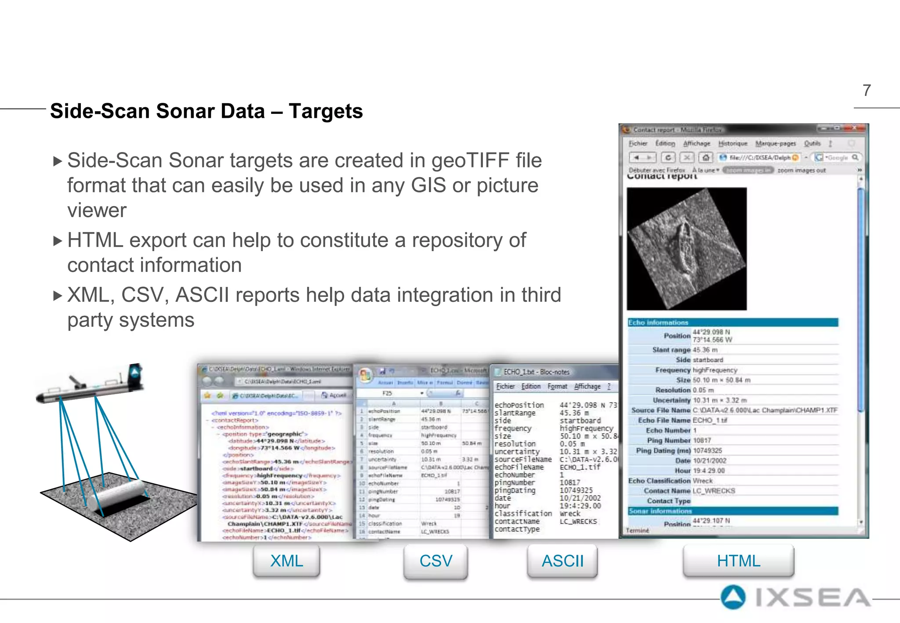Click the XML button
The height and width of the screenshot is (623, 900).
[287, 561]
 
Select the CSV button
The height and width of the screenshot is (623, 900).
[435, 561]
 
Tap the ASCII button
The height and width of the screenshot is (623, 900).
[562, 561]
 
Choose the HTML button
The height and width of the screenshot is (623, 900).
[738, 561]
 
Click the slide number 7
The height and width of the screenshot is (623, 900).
[867, 91]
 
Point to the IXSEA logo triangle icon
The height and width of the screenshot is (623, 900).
[733, 598]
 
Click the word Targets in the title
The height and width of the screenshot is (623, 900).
[326, 111]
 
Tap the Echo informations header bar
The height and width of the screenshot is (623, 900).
[733, 322]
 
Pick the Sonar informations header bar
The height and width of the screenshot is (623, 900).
[733, 511]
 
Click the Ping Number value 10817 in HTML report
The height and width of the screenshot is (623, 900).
[702, 440]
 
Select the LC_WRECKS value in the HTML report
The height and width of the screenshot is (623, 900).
[714, 491]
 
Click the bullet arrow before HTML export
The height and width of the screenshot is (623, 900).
[58, 241]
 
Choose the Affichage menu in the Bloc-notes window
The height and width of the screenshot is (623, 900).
[587, 386]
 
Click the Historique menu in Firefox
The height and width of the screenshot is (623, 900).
[733, 144]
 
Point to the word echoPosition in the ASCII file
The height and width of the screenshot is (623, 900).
[519, 405]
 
